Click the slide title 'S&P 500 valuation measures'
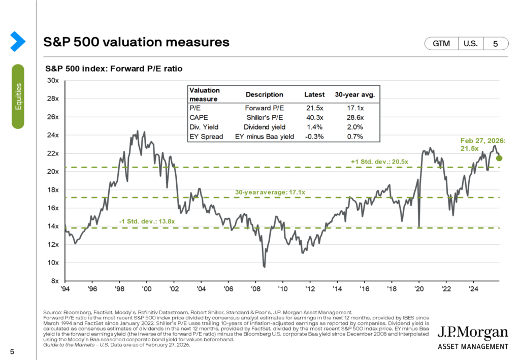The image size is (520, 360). [x=137, y=42]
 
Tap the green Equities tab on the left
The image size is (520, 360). [x=18, y=96]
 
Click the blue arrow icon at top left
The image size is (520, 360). [x=18, y=41]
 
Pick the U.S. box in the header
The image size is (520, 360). [x=470, y=44]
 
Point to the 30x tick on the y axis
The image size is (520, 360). [x=53, y=81]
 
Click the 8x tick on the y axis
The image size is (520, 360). [x=55, y=281]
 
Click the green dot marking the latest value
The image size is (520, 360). [x=499, y=158]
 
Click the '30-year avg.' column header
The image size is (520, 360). [x=353, y=94]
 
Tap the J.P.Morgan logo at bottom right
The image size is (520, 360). [x=473, y=337]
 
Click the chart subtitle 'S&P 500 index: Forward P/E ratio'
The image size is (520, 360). [x=114, y=68]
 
